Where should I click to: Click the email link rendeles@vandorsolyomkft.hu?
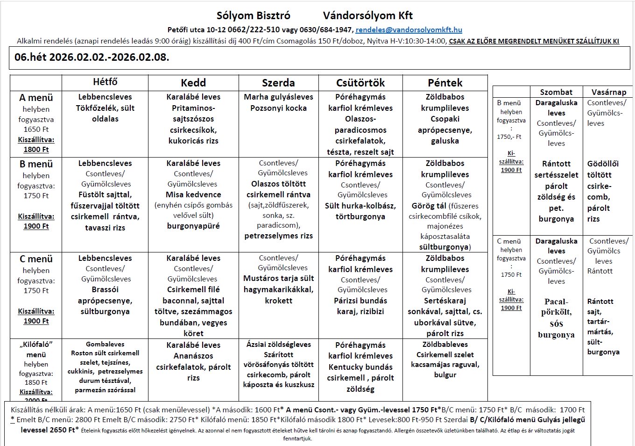[x=409, y=30]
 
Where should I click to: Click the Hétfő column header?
[x=105, y=82]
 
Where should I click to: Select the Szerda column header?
[x=278, y=83]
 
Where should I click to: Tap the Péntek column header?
[x=445, y=83]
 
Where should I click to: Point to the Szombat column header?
[x=556, y=92]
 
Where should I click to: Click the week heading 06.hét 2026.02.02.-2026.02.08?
[x=92, y=58]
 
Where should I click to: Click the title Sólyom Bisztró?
[x=254, y=15]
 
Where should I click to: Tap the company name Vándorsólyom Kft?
[x=368, y=15]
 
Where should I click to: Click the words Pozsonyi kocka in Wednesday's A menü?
[x=278, y=108]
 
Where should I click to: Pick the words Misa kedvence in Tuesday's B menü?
[x=193, y=194]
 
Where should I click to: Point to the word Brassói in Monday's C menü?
[x=105, y=289]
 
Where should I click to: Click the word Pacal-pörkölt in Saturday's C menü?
[x=556, y=307]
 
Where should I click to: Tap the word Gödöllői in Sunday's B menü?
[x=603, y=164]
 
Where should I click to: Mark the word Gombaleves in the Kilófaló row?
[x=105, y=344]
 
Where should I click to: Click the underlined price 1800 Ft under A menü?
[x=36, y=150]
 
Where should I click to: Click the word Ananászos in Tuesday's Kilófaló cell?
[x=193, y=356]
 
